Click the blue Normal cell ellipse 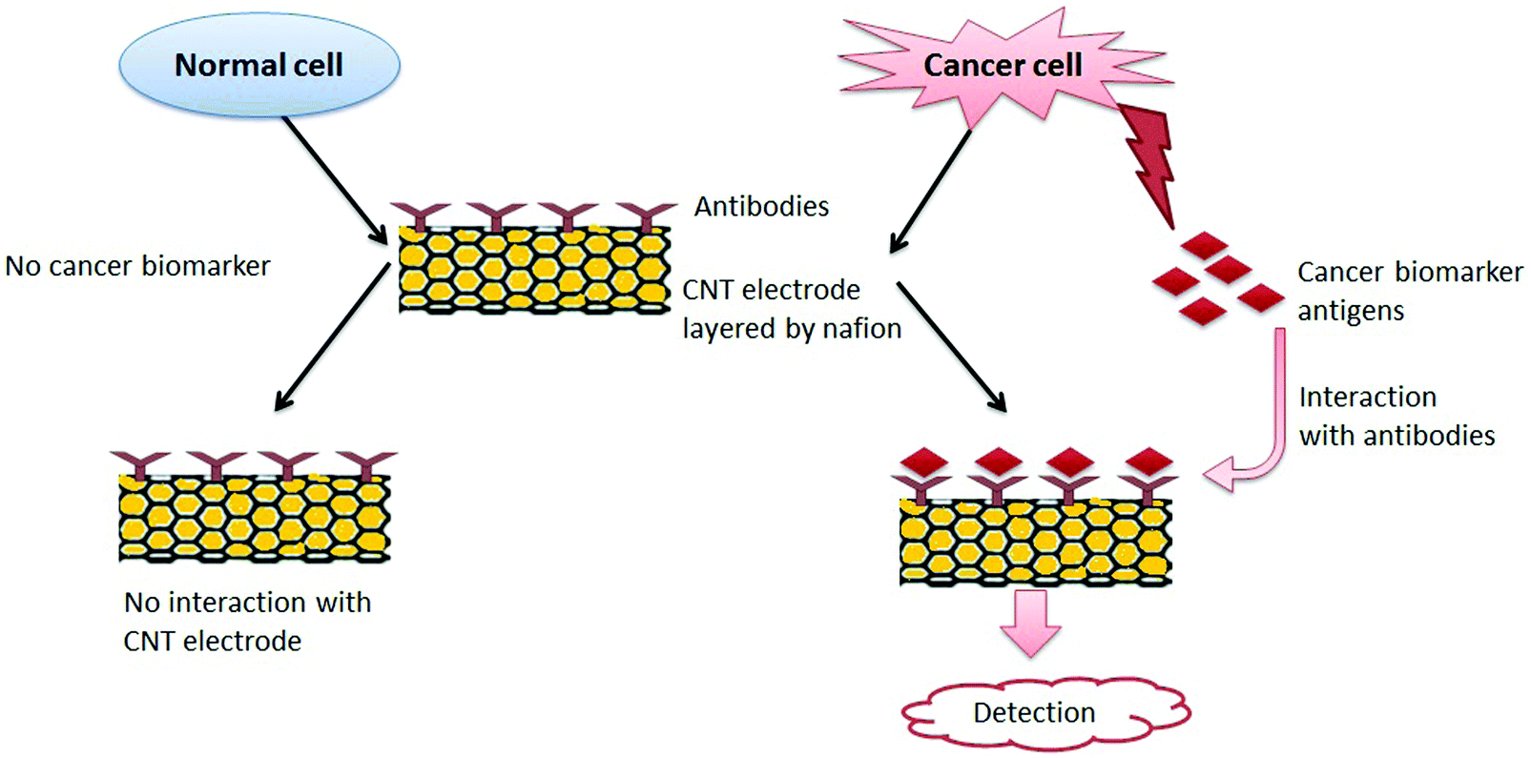[259, 65]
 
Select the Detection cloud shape [1045, 712]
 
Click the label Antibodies [761, 206]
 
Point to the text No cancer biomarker [137, 265]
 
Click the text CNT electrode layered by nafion [790, 309]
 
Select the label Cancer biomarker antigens [1408, 291]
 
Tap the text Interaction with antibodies [1396, 416]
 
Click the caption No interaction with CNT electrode [246, 622]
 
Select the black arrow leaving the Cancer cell [930, 191]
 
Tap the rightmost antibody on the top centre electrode [646, 215]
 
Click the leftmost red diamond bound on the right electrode [923, 461]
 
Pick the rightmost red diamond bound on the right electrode [1148, 461]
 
